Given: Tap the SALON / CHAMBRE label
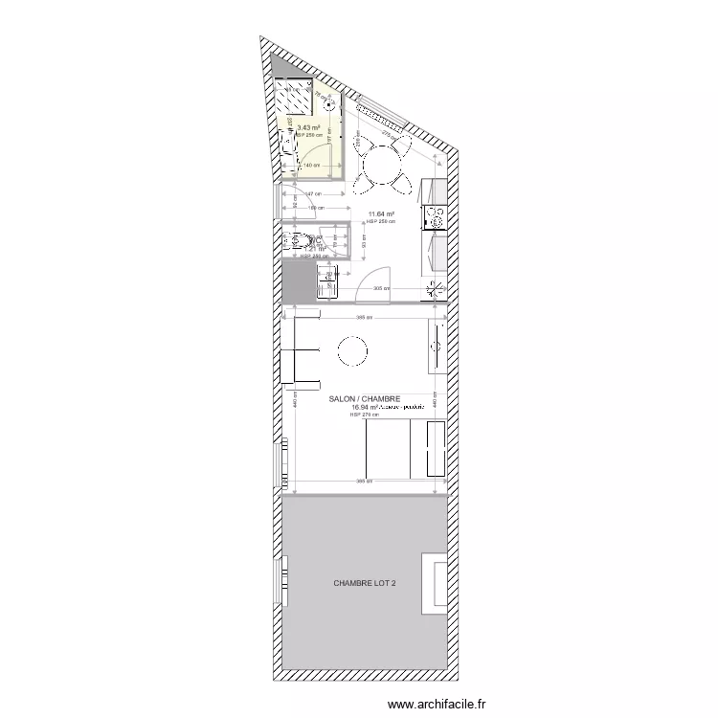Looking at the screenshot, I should pos(363,399).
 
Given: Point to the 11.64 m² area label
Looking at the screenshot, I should pos(382,214).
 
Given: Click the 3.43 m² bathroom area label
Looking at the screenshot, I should pos(308,127).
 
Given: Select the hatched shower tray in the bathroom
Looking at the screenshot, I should pos(295,97).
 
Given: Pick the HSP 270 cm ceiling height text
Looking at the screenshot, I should pos(365,415).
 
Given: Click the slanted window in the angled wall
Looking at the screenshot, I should pos(380,114).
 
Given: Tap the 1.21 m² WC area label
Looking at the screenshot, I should pos(315,249).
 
